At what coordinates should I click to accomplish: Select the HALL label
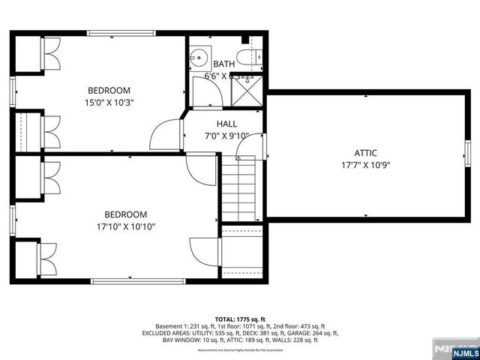click(x=226, y=124)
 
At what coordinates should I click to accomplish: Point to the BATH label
click(x=223, y=64)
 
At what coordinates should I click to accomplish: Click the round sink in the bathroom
click(x=199, y=56)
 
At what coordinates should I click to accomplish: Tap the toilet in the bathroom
click(x=250, y=56)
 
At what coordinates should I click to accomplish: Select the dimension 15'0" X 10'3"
click(x=109, y=103)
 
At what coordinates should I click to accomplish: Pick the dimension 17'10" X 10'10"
click(x=126, y=226)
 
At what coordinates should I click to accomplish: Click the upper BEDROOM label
click(x=109, y=91)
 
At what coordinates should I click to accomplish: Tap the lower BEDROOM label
click(x=126, y=214)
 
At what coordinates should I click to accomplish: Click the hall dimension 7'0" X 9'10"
click(x=226, y=136)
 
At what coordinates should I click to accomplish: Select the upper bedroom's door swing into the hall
click(x=166, y=135)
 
